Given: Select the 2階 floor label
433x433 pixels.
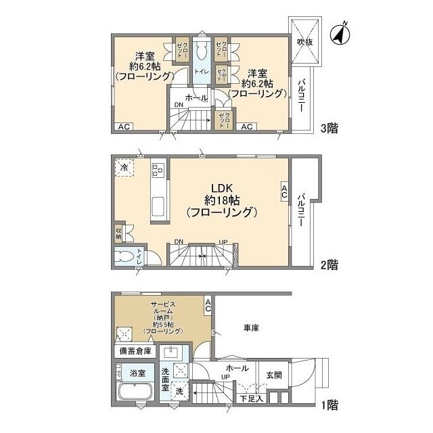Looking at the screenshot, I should (x=329, y=265).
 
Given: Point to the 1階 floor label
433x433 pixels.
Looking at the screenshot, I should (x=329, y=405).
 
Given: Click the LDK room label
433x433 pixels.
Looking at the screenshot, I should (x=221, y=187).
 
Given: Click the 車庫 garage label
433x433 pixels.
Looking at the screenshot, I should (x=251, y=328).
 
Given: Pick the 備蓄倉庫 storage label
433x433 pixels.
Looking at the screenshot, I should (x=136, y=350).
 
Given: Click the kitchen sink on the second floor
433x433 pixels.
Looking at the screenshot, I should (x=158, y=206).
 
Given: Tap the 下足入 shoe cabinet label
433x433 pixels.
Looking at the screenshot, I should (x=249, y=398).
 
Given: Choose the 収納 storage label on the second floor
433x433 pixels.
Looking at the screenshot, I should (x=118, y=233).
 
